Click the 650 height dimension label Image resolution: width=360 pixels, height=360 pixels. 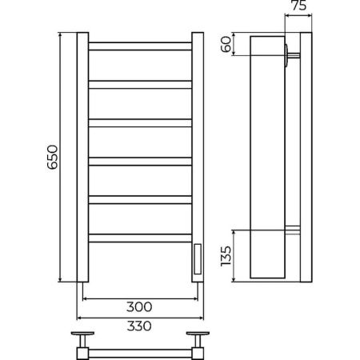point(52,157)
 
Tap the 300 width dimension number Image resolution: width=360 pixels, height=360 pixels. point(139,307)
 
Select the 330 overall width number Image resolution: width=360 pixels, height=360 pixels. point(139,326)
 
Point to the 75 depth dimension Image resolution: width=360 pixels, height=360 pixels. point(299,6)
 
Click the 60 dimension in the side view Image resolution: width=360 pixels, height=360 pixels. point(226,44)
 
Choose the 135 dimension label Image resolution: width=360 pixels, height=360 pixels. point(226,256)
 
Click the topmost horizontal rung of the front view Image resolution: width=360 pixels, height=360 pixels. point(140,46)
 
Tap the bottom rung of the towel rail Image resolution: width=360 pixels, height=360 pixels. point(140,238)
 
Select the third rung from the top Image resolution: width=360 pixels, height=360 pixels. point(140,123)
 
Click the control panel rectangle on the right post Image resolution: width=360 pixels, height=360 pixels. point(198,259)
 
